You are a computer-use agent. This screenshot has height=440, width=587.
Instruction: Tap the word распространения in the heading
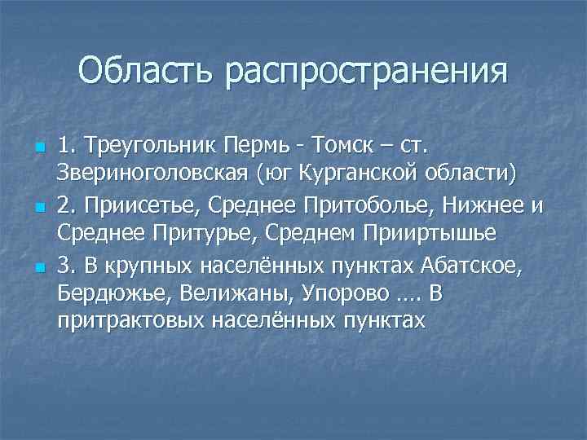click(x=366, y=72)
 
